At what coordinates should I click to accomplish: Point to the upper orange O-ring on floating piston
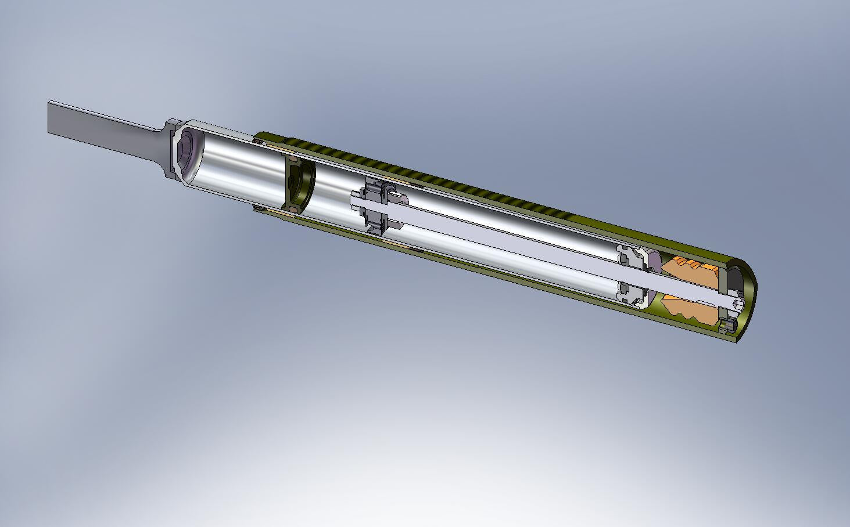point(292,158)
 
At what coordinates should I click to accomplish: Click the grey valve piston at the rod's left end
point(375,207)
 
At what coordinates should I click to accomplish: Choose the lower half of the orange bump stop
point(688,311)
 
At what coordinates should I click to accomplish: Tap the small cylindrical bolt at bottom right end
point(727,326)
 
